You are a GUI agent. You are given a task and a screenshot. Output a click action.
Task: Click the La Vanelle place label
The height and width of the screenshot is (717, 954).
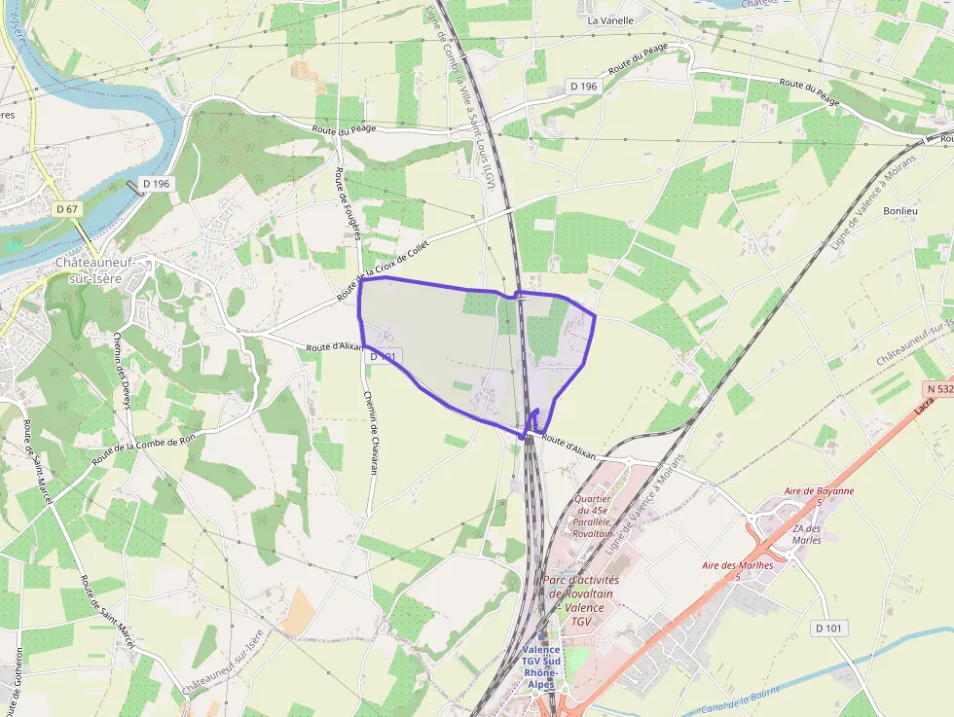[x=610, y=19]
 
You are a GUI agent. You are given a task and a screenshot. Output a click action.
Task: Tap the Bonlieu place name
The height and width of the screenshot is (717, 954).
[x=899, y=210]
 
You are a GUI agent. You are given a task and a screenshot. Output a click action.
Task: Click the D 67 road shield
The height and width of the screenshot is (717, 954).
[x=66, y=209]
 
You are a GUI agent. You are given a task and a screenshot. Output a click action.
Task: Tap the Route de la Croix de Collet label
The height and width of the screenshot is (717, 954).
[x=383, y=270]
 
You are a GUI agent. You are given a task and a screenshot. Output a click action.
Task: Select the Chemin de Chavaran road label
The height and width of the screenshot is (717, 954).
[x=369, y=432]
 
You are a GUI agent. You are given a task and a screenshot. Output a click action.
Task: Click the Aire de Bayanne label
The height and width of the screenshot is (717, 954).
[x=820, y=491]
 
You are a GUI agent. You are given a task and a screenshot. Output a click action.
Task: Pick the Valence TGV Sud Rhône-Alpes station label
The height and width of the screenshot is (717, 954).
[x=541, y=666]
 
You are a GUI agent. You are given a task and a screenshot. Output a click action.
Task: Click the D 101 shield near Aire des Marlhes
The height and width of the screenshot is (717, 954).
[x=829, y=627]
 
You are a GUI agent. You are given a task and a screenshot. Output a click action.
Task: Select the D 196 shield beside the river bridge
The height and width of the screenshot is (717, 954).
[x=156, y=184]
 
